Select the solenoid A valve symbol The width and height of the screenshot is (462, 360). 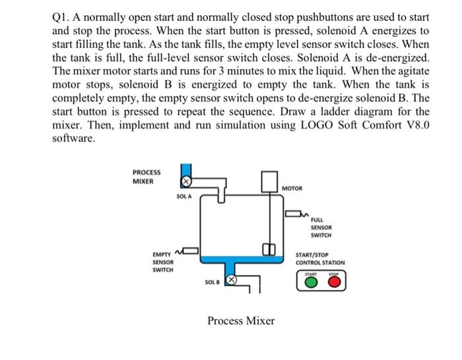click(187, 181)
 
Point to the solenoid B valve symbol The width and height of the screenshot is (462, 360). click(232, 281)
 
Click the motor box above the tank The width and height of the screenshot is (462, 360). click(270, 180)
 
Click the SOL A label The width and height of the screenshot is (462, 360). click(184, 196)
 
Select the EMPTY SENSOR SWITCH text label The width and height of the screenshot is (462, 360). click(162, 262)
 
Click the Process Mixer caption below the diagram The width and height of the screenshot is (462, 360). click(240, 321)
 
